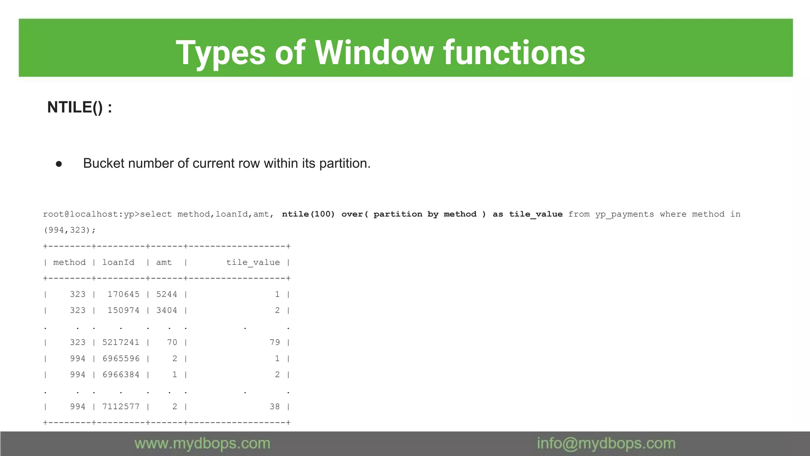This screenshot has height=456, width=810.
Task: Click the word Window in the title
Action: (374, 53)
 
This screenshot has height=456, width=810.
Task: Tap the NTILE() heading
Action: (79, 107)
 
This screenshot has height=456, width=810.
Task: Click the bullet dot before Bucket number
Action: (59, 164)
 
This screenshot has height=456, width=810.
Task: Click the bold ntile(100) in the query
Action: (308, 214)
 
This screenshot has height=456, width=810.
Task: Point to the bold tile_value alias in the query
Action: (536, 214)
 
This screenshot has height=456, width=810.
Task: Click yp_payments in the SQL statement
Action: (625, 214)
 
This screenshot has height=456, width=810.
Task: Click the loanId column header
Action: (118, 262)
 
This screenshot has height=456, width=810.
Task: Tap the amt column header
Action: (164, 262)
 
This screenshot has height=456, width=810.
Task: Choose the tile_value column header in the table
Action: (253, 262)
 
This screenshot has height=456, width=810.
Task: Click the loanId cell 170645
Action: (123, 294)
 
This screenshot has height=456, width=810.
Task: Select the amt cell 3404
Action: (167, 310)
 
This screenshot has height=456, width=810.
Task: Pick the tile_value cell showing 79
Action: (274, 342)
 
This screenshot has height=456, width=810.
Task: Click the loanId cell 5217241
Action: (121, 342)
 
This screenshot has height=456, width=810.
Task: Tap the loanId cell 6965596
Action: (121, 359)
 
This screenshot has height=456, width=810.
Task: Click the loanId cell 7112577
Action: (121, 407)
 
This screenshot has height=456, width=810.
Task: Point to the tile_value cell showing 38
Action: (274, 407)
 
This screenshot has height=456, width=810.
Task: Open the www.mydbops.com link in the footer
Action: (202, 443)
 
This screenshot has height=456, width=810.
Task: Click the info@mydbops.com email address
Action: (606, 443)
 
